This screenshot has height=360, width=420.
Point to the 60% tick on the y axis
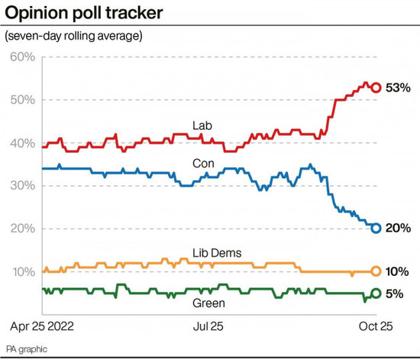[x=22, y=57]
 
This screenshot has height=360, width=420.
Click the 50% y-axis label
[x=22, y=100]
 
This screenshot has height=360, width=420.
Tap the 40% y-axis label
[x=22, y=143]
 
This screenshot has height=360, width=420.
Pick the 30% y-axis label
[x=22, y=186]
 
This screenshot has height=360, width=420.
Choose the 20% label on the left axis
[x=22, y=229]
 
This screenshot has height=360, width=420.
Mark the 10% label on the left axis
[x=22, y=271]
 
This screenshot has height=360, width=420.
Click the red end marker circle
[x=376, y=87]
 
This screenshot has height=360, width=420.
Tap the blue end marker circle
[x=376, y=228]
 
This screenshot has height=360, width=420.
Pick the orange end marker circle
[x=376, y=271]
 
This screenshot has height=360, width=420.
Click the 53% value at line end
[x=399, y=88]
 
